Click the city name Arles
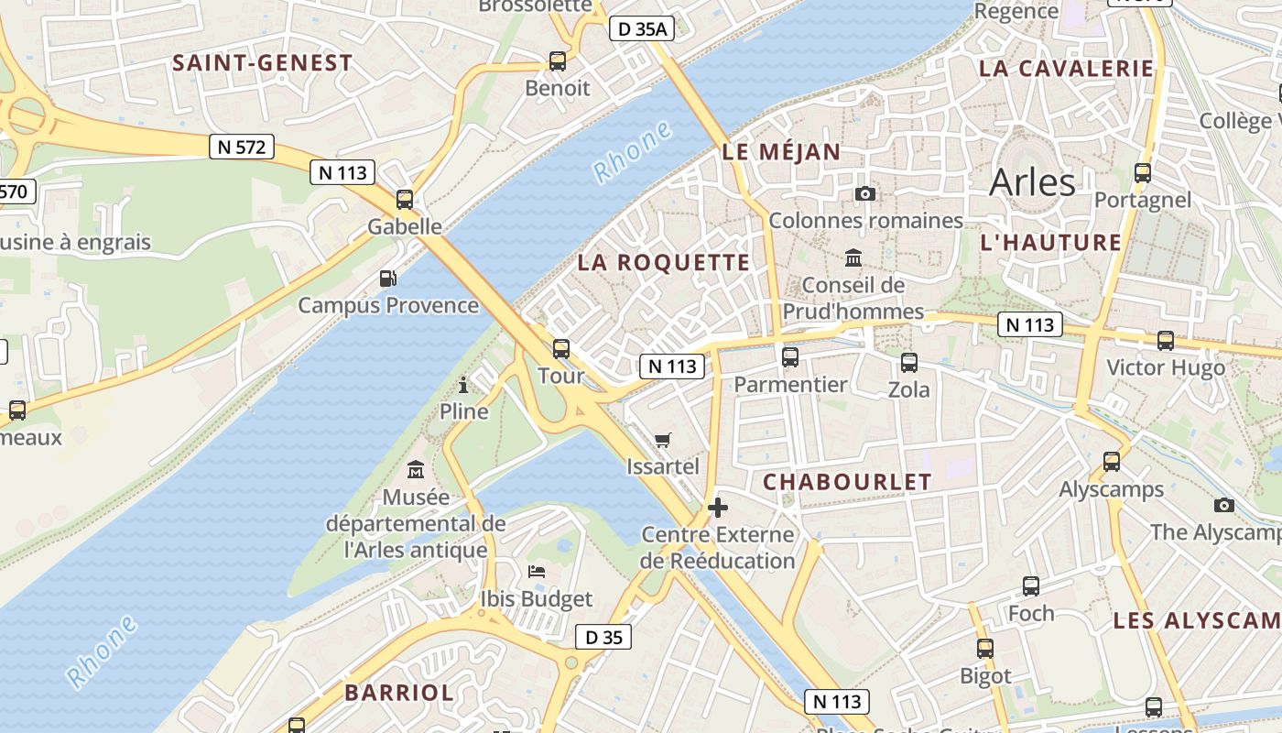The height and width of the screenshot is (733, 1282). coord(1032,182)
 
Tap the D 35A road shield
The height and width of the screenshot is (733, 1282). coord(642,28)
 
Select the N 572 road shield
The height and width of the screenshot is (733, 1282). coord(242,146)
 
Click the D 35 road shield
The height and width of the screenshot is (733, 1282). coord(603,637)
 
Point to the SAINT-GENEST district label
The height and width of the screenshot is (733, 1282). coord(262,63)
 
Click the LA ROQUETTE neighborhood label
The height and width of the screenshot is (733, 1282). coord(663,263)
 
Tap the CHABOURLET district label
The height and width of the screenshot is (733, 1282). coord(847,482)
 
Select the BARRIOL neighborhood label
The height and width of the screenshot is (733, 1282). coord(399,693)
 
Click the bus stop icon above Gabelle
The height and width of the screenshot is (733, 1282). coord(405,199)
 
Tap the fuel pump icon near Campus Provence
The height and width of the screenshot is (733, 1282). coord(388,278)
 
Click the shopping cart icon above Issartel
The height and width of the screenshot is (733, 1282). coord(663,440)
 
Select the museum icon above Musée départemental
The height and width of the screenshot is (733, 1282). coord(416,470)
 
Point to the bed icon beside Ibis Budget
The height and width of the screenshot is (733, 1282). coord(537,572)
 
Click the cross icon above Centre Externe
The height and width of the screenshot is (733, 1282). coord(718,507)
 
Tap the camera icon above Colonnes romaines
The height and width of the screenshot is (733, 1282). coord(864,193)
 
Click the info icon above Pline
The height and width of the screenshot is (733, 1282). coord(463,384)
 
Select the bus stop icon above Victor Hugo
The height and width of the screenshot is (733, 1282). coord(1165,341)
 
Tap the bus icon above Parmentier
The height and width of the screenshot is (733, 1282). coord(790,356)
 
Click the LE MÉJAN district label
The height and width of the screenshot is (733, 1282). coord(781,153)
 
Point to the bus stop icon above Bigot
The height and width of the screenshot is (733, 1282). coord(985,649)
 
